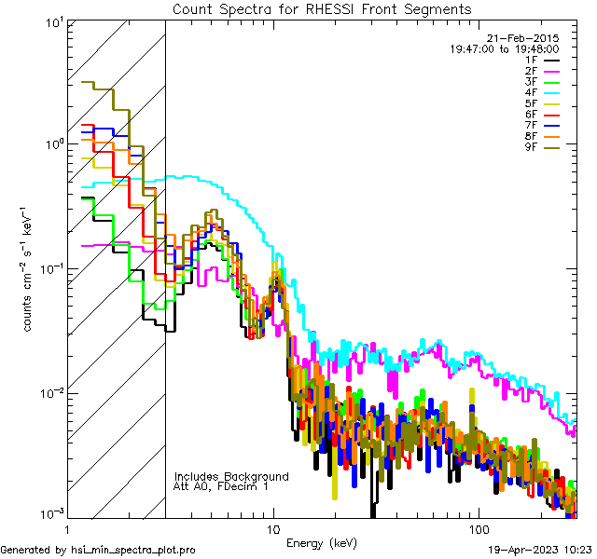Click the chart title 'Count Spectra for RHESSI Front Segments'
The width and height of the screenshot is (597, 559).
[x=322, y=8]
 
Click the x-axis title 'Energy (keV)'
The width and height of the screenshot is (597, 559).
[x=322, y=542]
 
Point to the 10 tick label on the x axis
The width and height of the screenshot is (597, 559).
[x=272, y=528]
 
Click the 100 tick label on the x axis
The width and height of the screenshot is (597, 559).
[x=478, y=528]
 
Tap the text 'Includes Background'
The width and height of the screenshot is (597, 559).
[x=231, y=476]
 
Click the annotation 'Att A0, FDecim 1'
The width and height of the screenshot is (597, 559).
[x=221, y=486]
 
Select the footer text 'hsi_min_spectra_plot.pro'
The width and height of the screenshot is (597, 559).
[x=134, y=551]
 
